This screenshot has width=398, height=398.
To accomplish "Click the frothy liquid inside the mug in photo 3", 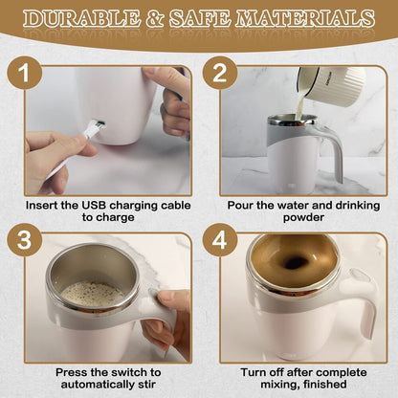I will (92, 292).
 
